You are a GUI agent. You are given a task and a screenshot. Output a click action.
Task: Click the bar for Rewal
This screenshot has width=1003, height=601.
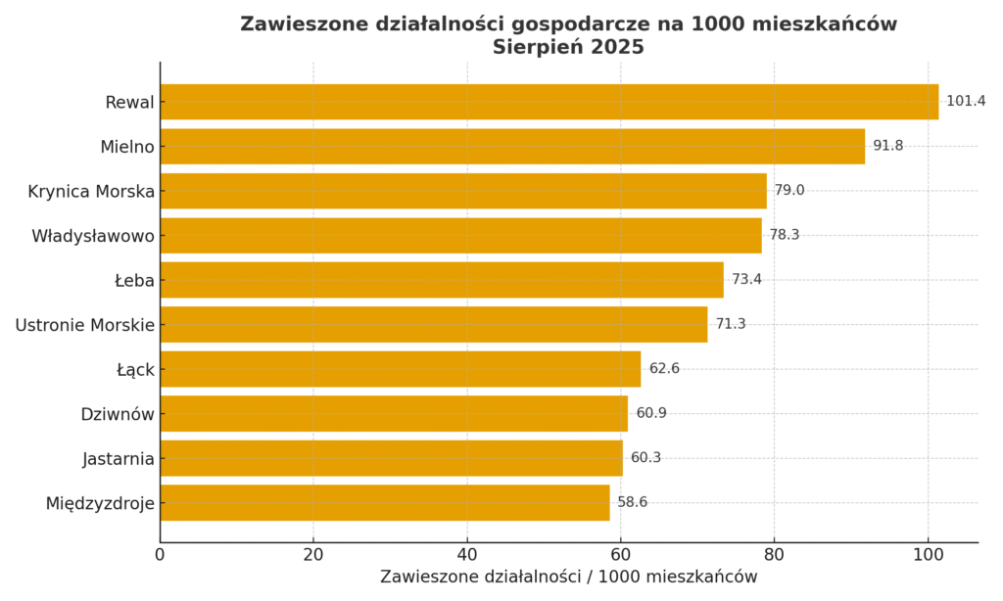(549, 102)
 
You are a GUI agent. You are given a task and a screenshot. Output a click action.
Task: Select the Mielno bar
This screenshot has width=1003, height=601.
(512, 147)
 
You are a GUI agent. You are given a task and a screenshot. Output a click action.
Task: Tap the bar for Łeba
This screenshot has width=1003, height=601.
(442, 280)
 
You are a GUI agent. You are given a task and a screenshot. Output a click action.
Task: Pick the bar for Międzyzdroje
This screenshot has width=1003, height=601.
(385, 503)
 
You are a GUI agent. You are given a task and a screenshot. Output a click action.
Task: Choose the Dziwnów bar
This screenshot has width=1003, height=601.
(394, 414)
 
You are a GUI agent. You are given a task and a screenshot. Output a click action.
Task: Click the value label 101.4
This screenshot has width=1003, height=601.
(966, 102)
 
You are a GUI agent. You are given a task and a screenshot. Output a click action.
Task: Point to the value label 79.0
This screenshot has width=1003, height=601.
(789, 191)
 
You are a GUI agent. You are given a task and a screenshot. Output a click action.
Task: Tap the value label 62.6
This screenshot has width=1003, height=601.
(664, 369)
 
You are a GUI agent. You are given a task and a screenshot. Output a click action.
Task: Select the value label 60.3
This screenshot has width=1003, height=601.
(645, 458)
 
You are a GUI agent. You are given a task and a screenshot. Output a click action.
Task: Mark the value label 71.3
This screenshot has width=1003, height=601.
(731, 324)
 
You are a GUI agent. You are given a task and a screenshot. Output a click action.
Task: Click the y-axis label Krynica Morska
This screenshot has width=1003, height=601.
(91, 192)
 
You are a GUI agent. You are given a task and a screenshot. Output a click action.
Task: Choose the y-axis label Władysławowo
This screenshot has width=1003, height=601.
(93, 236)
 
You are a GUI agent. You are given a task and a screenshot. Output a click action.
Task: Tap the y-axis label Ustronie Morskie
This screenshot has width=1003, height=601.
(85, 325)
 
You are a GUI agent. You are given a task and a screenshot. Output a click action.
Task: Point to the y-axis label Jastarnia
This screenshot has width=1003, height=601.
(119, 459)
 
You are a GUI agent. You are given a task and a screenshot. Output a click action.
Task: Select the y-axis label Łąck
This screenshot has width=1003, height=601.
(135, 370)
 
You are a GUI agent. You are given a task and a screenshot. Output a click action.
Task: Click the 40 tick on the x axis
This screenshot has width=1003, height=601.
(467, 555)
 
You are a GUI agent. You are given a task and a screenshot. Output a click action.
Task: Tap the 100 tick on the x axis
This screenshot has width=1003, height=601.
(928, 555)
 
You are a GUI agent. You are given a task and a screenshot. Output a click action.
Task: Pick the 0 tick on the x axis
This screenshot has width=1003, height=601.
(161, 555)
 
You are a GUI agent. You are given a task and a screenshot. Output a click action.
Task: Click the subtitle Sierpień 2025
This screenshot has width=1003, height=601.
(568, 47)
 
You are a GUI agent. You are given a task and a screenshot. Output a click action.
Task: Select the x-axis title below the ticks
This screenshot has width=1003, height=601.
(568, 578)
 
